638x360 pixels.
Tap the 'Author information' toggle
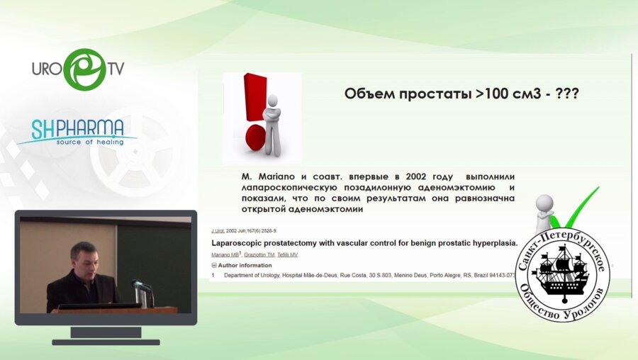245,265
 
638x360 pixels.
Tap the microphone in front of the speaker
140,286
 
